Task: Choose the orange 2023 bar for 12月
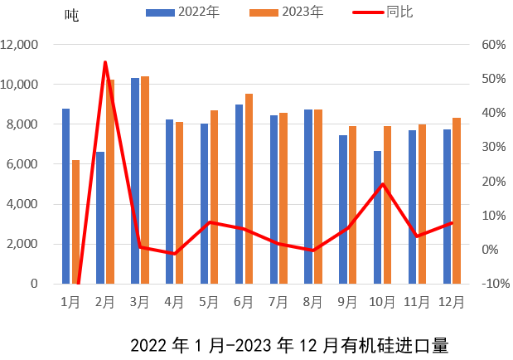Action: tap(457, 200)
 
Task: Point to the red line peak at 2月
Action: tap(105, 61)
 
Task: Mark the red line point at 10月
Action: tap(382, 184)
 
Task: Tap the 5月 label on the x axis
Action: tap(209, 301)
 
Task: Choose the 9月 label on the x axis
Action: tap(347, 301)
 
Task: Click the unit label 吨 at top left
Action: tap(72, 16)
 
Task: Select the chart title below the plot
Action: tap(289, 344)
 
